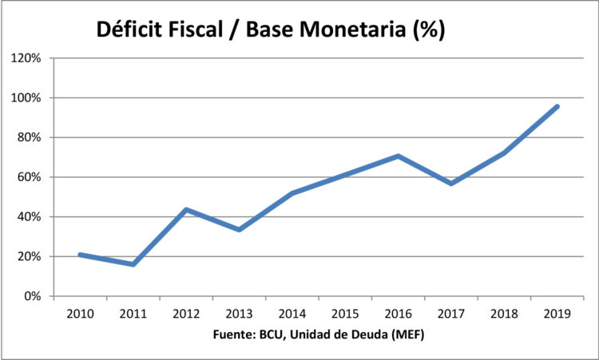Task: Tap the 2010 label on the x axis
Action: (81, 314)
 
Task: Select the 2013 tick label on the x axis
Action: (239, 314)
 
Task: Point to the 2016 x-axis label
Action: (398, 314)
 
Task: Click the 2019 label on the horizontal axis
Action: (557, 314)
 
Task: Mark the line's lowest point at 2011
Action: (133, 264)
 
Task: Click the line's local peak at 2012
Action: (186, 210)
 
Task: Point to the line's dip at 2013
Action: (239, 230)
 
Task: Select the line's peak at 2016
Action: (398, 156)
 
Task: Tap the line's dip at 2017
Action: (451, 184)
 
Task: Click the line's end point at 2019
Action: (557, 106)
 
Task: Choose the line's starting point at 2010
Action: (81, 255)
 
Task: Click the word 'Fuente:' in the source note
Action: (237, 334)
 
